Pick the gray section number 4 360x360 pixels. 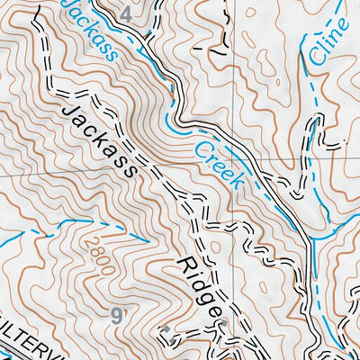coord(125,14)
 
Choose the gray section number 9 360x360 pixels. coord(117,315)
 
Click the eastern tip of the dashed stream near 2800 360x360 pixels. coord(148,240)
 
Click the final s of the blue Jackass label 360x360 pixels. coord(111,53)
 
